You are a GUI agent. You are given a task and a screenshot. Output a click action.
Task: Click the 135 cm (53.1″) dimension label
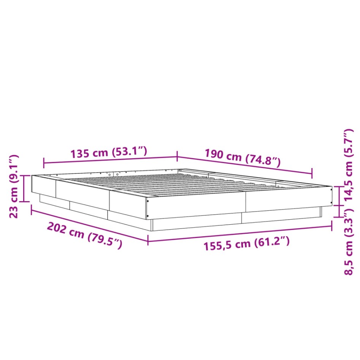[x=109, y=153]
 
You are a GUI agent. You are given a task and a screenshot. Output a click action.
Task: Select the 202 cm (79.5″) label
[x=84, y=235]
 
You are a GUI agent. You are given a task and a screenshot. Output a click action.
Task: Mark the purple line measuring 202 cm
[x=89, y=224]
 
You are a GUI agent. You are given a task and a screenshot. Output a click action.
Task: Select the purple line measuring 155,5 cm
[x=239, y=233]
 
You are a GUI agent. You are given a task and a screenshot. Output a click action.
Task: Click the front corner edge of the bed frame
[x=147, y=207]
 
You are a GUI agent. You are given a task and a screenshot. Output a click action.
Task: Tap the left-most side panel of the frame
[x=43, y=186]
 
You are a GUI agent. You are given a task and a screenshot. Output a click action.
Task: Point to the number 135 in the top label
[x=80, y=154]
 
